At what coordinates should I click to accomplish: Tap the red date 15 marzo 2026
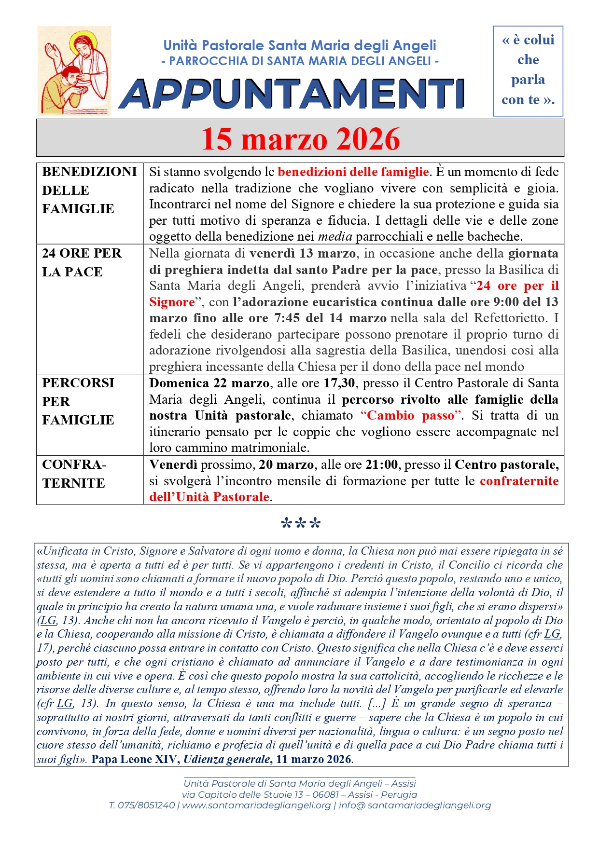point(300,139)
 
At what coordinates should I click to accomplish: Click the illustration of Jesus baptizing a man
point(74,71)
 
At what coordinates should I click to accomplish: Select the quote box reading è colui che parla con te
point(528,70)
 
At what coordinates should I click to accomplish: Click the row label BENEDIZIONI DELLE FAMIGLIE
point(89,190)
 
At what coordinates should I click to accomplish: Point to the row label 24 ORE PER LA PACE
point(82,262)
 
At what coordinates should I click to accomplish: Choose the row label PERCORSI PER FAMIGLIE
point(78,401)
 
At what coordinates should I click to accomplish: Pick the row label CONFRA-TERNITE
point(74,474)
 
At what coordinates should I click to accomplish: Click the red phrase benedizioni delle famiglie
point(353,172)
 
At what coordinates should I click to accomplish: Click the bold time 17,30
point(339,383)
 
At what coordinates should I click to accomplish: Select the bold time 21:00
point(381,464)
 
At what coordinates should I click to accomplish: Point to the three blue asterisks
point(300,524)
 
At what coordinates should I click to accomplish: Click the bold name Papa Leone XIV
point(136,759)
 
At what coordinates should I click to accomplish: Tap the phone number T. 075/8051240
point(141,805)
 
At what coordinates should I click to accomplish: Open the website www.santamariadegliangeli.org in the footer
point(256,805)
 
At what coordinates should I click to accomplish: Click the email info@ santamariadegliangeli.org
point(415,805)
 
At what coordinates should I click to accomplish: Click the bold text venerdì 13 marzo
point(303,253)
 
